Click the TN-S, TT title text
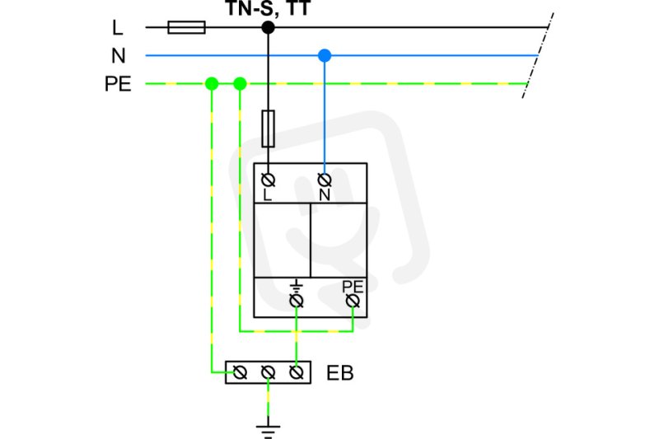coord(269,8)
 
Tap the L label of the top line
coord(118,28)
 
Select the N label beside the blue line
coord(119,55)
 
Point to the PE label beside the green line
coord(118,83)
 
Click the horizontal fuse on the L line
coord(187,27)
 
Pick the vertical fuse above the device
coord(269,128)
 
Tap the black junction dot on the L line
coord(269,27)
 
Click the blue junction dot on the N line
coord(325,55)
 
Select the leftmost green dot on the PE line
coord(212,83)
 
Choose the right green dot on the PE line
coord(240,83)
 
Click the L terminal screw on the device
coord(269,180)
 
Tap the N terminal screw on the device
coord(325,180)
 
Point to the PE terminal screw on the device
coord(353,301)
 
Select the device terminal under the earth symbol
coord(297,301)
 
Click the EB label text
coord(340,373)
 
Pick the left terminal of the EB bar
coord(240,372)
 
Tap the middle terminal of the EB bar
coord(269,372)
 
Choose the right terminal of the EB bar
coord(297,372)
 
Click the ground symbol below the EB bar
coord(269,432)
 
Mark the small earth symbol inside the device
coord(297,287)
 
